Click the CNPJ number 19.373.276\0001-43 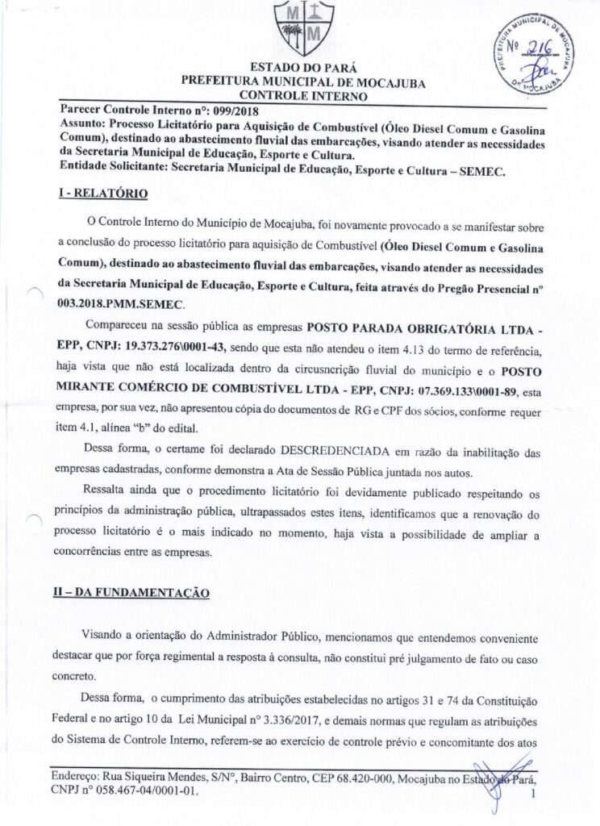click(160, 347)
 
